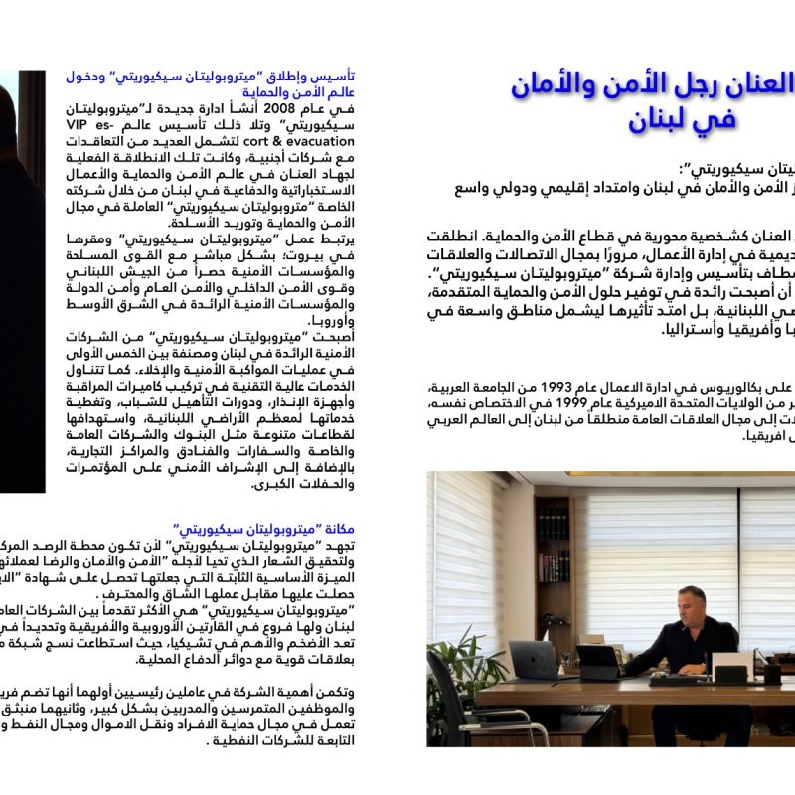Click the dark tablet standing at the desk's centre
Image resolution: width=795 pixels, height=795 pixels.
click(x=598, y=662)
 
